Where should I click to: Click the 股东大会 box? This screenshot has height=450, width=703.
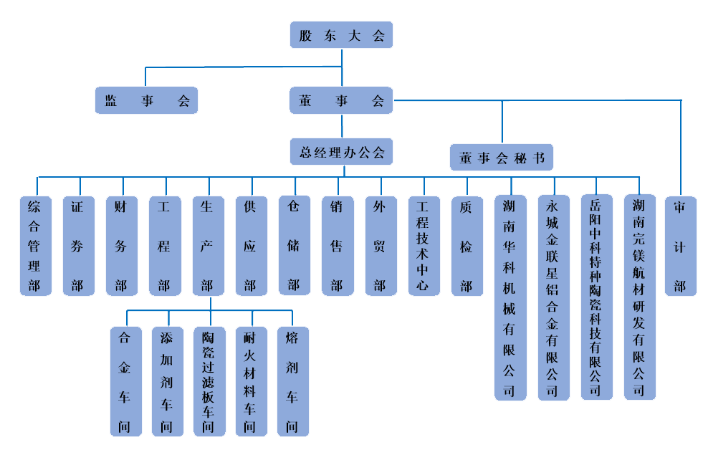tap(341, 35)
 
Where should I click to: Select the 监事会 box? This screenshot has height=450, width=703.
tap(146, 100)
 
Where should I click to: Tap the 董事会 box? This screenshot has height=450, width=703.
tap(341, 100)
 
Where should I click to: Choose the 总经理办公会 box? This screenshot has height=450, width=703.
tap(341, 152)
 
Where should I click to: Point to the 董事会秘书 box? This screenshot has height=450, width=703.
tap(502, 158)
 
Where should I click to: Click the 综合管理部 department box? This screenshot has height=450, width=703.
tap(35, 246)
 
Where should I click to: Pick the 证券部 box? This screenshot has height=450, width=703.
tap(78, 246)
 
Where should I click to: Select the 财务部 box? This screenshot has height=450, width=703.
tap(121, 246)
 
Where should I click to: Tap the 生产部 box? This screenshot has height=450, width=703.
tap(208, 246)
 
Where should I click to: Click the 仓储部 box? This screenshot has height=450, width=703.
tap(294, 246)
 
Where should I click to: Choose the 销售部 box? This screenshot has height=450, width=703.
tap(337, 246)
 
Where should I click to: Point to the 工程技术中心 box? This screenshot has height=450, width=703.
tap(424, 246)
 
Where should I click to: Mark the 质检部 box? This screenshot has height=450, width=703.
tap(467, 246)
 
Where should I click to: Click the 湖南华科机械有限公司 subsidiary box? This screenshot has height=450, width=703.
tap(510, 297)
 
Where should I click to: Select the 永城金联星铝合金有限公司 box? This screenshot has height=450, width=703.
tap(553, 297)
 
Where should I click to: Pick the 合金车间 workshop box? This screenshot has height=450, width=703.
tap(125, 381)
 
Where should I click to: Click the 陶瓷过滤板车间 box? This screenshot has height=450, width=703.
tap(209, 381)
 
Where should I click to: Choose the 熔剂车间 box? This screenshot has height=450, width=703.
tap(292, 381)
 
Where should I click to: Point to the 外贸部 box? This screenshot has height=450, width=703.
tap(380, 246)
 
